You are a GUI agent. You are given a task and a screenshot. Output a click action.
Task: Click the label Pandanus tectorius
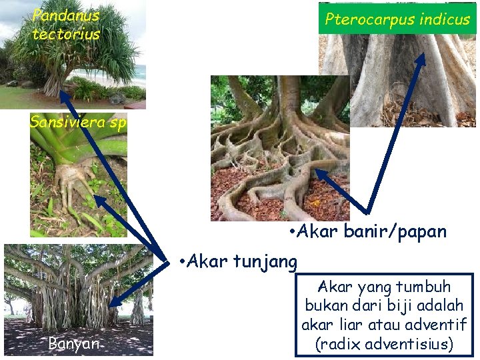click(x=65, y=25)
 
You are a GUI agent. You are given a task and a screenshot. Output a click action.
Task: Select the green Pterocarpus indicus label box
click(x=397, y=19)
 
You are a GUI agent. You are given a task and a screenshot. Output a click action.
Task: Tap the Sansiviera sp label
click(x=77, y=123)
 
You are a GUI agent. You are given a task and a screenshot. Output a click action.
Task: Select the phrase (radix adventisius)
click(x=385, y=344)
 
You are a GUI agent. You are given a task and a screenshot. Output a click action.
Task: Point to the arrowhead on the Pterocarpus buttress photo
click(x=421, y=57)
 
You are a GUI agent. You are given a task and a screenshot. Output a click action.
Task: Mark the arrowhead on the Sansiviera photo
click(x=97, y=198)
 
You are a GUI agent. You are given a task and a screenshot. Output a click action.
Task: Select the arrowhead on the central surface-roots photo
click(x=319, y=173)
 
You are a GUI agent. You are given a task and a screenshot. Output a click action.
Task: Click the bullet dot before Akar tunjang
click(x=183, y=261)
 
